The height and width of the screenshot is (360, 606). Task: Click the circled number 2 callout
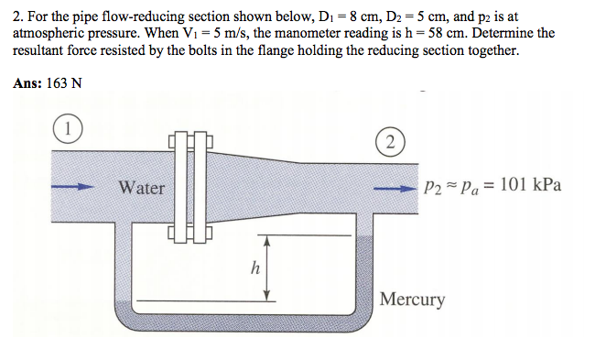tap(389, 141)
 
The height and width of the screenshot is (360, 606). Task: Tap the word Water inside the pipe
tap(142, 188)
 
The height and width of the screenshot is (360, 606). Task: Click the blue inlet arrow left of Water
tap(73, 187)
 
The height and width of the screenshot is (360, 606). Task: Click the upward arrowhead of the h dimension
tap(266, 240)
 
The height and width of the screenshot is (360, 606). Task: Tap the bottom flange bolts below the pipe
tap(190, 233)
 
